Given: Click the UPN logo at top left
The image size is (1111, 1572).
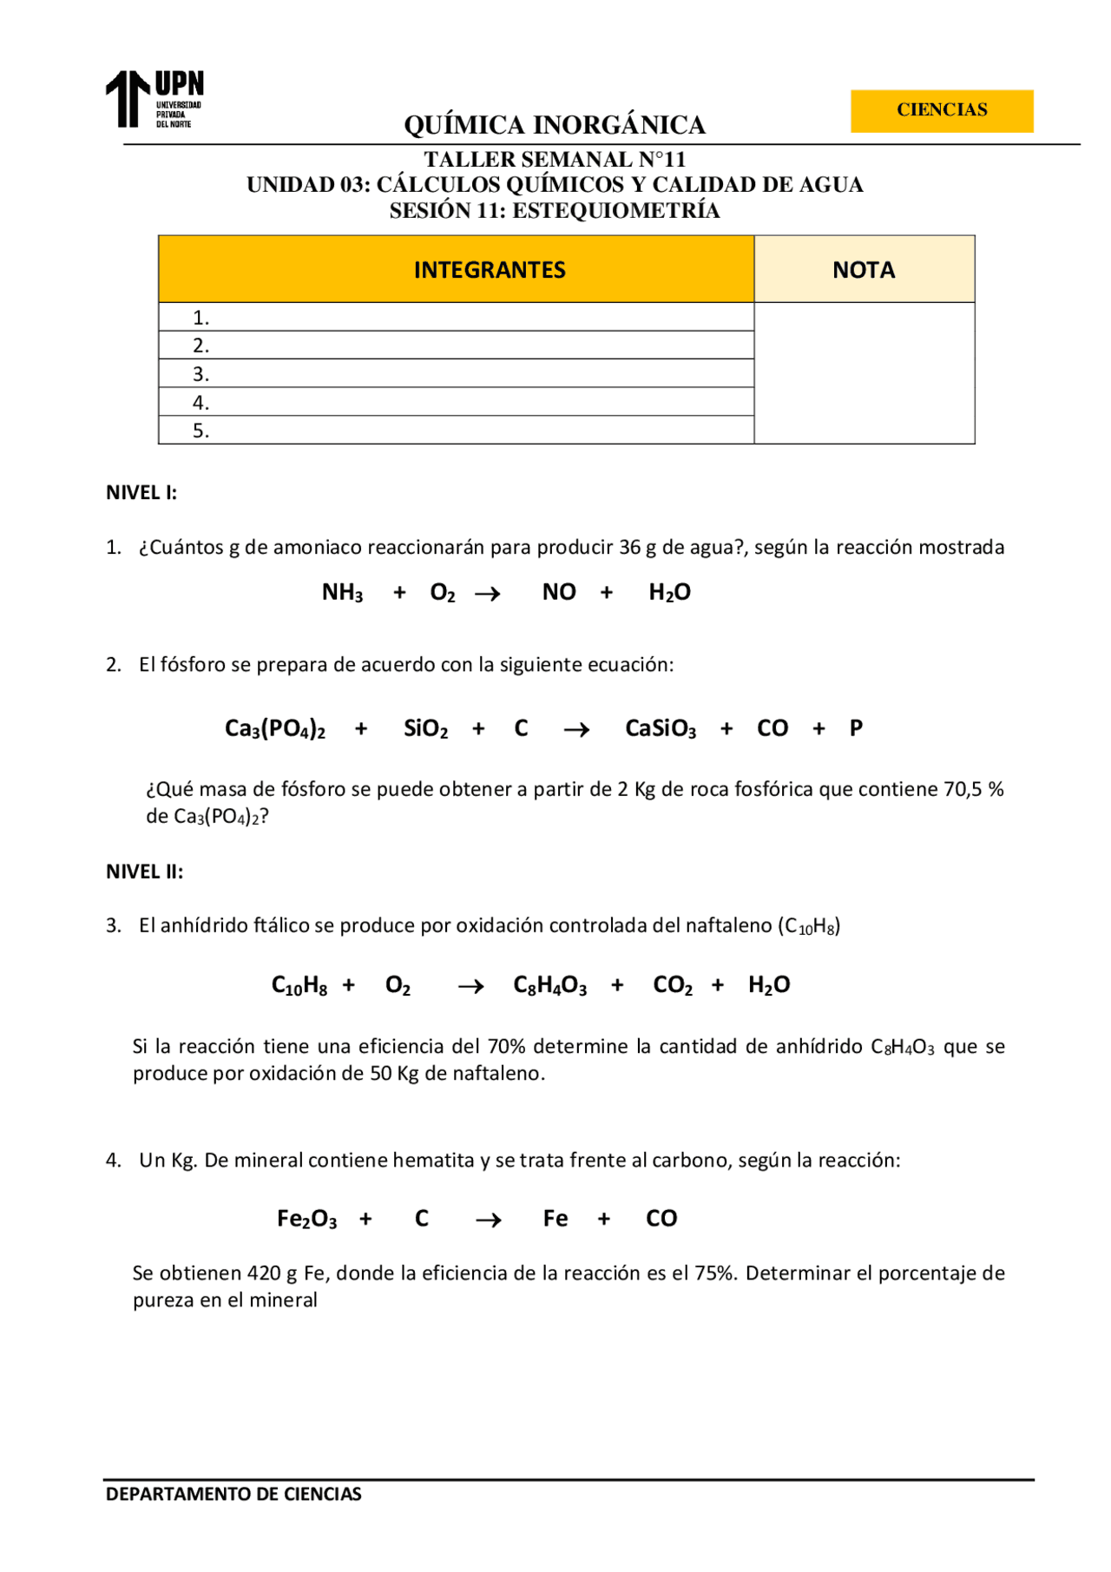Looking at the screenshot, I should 154,99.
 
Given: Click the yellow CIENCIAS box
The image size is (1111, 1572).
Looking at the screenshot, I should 941,110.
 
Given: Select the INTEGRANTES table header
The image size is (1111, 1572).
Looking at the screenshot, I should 490,270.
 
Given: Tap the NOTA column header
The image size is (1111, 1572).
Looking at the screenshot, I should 863,270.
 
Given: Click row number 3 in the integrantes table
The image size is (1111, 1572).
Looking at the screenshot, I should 201,374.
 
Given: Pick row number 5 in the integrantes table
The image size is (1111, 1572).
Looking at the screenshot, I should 201,431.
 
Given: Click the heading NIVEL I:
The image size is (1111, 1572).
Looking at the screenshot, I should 141,492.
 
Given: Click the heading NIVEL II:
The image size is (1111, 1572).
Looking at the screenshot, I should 144,872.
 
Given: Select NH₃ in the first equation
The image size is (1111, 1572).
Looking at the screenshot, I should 342,593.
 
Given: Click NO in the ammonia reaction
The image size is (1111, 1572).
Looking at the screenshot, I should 559,592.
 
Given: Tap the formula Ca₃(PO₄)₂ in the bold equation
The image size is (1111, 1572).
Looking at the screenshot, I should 274,728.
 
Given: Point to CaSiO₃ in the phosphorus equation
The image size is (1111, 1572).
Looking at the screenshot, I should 661,728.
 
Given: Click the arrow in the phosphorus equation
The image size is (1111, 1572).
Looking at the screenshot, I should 576,730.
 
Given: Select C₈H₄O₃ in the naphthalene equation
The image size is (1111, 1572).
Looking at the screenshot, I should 549,985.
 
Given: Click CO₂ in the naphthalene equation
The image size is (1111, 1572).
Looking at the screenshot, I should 673,985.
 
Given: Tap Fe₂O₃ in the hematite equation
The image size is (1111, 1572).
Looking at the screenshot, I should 306,1219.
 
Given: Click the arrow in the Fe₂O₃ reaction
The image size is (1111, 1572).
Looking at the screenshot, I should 489,1220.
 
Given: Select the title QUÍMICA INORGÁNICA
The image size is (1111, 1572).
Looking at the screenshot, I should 554,125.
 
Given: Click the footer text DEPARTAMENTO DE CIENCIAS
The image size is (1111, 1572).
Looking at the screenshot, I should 233,1494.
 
